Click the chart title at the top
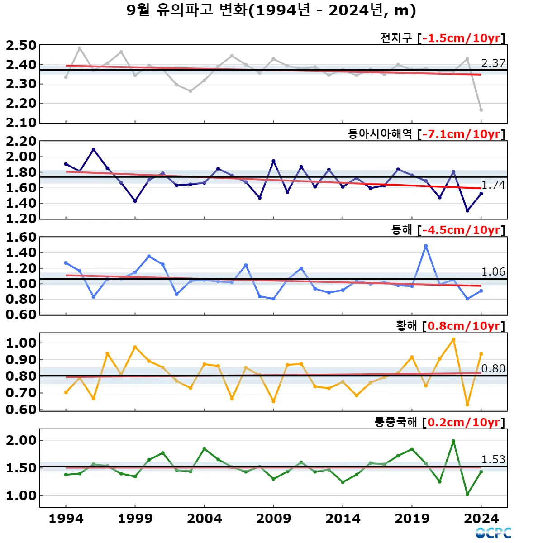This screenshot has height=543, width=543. pos(271,10)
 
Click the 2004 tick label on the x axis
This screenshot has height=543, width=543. pos(205,519)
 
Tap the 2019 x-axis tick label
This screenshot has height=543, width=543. pos(412,519)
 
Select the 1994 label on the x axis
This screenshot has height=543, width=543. pos(66,519)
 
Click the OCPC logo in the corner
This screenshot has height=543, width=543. pos(493,533)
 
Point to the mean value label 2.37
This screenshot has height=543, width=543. pos(493,63)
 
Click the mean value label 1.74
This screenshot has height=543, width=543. pos(493,185)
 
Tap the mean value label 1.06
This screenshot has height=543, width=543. pos(493,272)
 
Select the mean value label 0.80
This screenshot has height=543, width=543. pos(493,369)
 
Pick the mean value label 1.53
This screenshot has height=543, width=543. pos(493,460)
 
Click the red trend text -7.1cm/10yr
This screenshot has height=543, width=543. pos(461,134)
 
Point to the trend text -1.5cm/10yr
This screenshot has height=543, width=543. pos(461,38)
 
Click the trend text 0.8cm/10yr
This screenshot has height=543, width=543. pos(463,326)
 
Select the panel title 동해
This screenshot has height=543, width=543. pos(402,230)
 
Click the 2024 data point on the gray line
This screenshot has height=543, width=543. pos(481,110)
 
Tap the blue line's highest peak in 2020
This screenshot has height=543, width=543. pos(426,246)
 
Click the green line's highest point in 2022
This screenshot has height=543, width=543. pos(453,441)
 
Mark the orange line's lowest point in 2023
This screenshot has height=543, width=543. pos(467,405)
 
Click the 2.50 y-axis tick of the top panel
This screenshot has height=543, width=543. pos(21,46)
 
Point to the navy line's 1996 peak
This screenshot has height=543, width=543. pos(94,149)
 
